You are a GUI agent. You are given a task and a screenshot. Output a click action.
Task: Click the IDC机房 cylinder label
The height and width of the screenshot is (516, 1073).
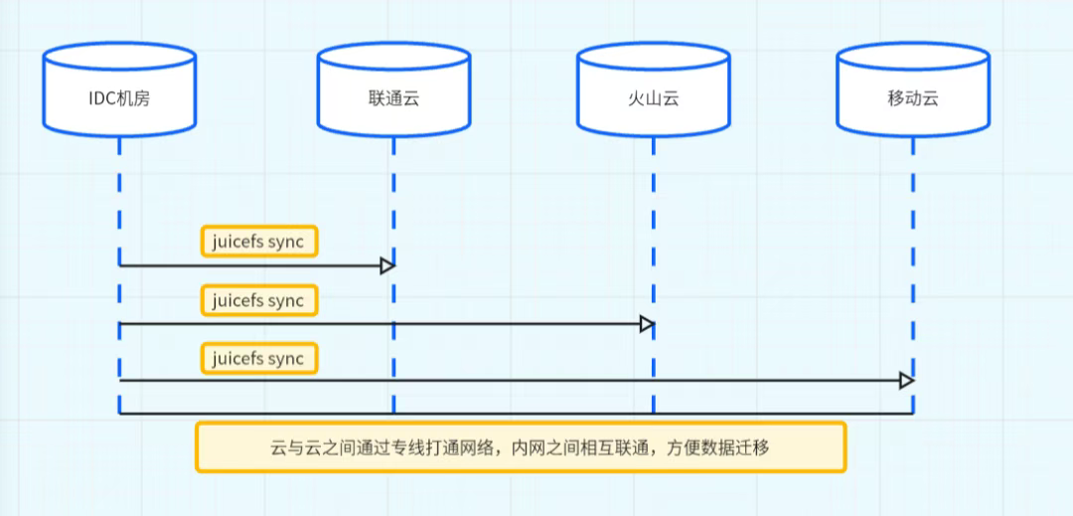coord(119,98)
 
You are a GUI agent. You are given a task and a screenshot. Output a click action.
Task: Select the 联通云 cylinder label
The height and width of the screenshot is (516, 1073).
coord(393,98)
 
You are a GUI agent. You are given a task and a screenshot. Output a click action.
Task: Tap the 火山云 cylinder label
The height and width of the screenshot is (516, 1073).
coord(653,98)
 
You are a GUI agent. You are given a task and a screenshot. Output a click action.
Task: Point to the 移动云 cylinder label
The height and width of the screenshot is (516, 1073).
coord(913,98)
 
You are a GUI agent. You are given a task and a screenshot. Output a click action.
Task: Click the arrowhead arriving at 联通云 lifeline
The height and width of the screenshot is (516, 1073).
coord(387,265)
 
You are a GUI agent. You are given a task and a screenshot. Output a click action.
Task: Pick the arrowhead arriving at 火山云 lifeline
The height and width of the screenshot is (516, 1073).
coord(648,324)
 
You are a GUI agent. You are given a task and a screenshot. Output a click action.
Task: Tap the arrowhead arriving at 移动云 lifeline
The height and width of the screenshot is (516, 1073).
coord(906,381)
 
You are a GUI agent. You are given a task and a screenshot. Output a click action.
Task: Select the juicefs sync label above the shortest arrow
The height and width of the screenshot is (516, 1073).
coord(259,242)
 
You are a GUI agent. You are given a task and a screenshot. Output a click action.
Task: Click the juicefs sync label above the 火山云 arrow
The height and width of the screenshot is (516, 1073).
coord(259,299)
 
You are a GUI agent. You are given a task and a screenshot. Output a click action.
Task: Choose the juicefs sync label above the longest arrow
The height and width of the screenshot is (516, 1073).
coord(259,358)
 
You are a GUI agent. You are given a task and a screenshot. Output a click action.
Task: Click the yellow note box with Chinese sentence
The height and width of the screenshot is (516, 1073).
coord(521,447)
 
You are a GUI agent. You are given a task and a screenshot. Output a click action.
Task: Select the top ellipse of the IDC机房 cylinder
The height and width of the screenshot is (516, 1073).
coord(119,58)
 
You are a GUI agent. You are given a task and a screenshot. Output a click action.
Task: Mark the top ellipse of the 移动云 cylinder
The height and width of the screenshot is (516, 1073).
coord(913,58)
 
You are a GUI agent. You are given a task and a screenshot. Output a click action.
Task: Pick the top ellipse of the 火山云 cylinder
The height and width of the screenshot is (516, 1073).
coord(653,58)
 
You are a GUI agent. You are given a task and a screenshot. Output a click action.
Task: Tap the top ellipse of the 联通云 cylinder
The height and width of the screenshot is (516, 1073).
coord(393,58)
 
